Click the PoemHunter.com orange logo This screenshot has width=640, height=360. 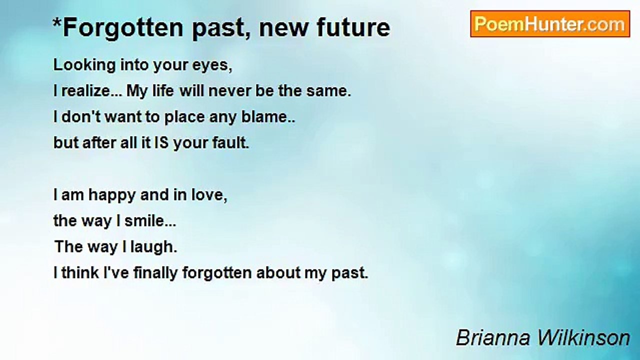(550, 24)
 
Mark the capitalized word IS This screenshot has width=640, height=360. (161, 142)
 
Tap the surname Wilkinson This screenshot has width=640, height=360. (584, 337)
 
